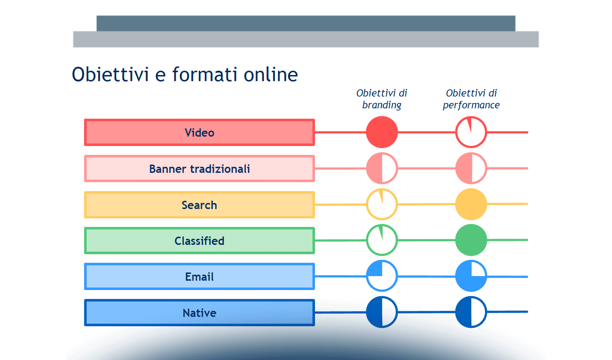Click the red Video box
pyautogui.click(x=199, y=132)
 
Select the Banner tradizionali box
pyautogui.click(x=199, y=169)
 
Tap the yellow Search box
pyautogui.click(x=199, y=205)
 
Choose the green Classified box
pyautogui.click(x=199, y=241)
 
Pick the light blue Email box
pyautogui.click(x=199, y=276)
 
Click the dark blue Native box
pyautogui.click(x=199, y=313)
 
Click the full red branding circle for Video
pyautogui.click(x=382, y=132)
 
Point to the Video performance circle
pyautogui.click(x=471, y=132)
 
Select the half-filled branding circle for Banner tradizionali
pyautogui.click(x=382, y=168)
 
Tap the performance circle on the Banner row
pyautogui.click(x=471, y=168)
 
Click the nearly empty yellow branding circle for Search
pyautogui.click(x=382, y=204)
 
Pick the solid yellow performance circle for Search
pyautogui.click(x=471, y=204)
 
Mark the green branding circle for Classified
pyautogui.click(x=382, y=240)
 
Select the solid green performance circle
pyautogui.click(x=471, y=240)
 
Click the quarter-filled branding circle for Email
pyautogui.click(x=382, y=276)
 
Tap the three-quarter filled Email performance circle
pyautogui.click(x=471, y=276)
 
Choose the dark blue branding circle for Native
pyautogui.click(x=382, y=312)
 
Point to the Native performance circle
pyautogui.click(x=471, y=312)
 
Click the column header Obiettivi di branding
pyautogui.click(x=382, y=99)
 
